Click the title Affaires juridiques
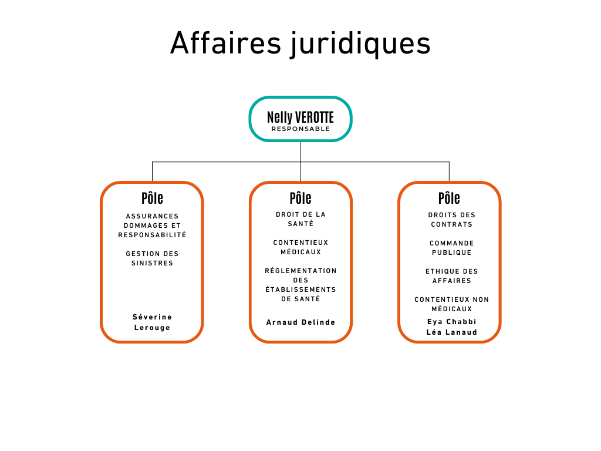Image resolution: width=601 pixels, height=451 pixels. coord(300,43)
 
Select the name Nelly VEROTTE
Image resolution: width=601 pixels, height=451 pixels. coord(300,117)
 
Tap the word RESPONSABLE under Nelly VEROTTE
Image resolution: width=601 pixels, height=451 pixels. coord(300,129)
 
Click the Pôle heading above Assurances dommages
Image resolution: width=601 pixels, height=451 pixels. coord(152,198)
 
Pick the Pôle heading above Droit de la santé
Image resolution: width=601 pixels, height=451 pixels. coord(300,198)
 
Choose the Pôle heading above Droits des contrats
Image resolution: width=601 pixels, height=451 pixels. coord(449,198)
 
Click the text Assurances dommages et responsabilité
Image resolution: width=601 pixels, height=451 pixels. coord(152,225)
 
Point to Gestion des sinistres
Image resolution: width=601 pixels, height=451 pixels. coord(152,258)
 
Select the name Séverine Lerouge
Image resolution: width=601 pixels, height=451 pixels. coord(152,322)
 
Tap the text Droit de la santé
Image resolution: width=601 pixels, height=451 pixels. coord(300,219)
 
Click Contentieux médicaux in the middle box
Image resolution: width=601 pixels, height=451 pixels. coord(300,247)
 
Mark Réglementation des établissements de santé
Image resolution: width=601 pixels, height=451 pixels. coord(300,285)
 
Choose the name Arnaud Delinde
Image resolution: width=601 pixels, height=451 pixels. coord(300,322)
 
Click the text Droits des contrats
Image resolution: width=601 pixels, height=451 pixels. coord(451,220)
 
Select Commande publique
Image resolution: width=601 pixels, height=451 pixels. coord(451,248)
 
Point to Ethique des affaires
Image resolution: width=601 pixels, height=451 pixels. coord(451,276)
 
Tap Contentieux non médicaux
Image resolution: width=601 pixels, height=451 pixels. coord(451,304)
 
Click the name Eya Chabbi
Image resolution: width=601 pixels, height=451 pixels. coord(451,322)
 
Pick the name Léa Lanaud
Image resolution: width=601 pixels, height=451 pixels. coord(451,332)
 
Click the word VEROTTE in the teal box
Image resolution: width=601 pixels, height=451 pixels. coord(315,117)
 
